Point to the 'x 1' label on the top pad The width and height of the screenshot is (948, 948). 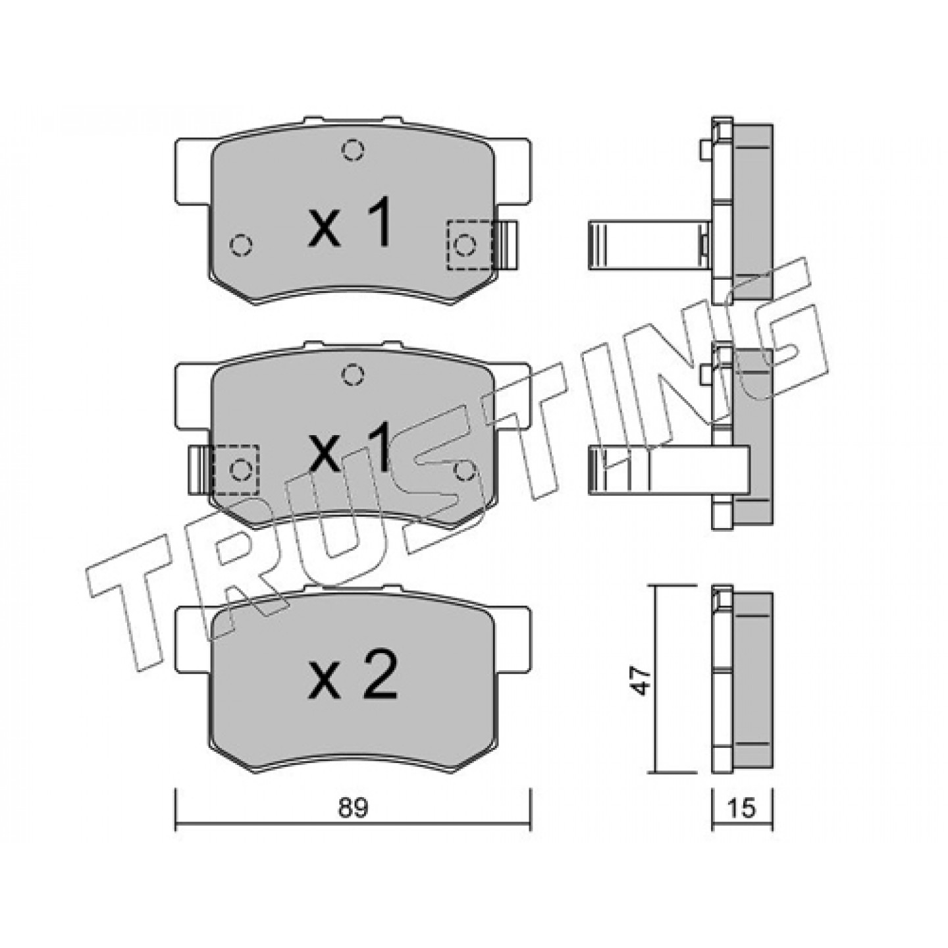click(x=350, y=223)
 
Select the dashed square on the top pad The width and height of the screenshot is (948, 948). click(x=469, y=245)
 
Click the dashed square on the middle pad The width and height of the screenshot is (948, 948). click(x=237, y=470)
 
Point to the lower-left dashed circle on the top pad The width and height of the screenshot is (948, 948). click(x=241, y=245)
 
